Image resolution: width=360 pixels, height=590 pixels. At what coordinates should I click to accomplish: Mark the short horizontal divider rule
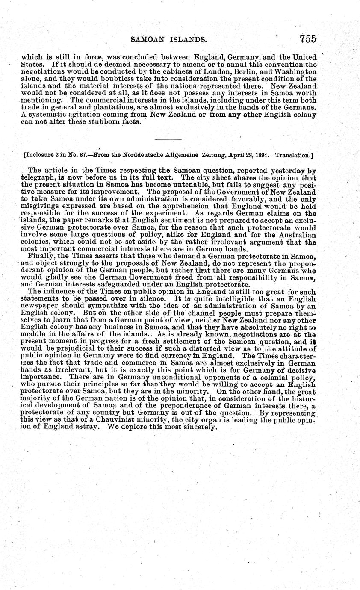pos(168,139)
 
